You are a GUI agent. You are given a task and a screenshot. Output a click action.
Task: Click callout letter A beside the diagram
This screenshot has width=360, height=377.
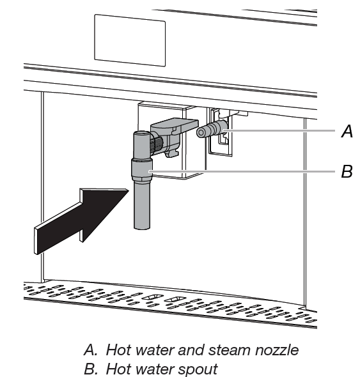coord(347,132)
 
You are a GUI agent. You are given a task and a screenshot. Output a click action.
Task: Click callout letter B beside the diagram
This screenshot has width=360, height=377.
coord(347,172)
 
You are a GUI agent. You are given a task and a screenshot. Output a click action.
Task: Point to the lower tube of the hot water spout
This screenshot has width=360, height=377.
coord(142,208)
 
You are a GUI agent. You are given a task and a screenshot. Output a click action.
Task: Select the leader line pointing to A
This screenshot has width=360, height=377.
coord(281,131)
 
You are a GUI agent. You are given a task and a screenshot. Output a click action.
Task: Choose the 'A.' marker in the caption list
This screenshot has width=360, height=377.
coord(90,350)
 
